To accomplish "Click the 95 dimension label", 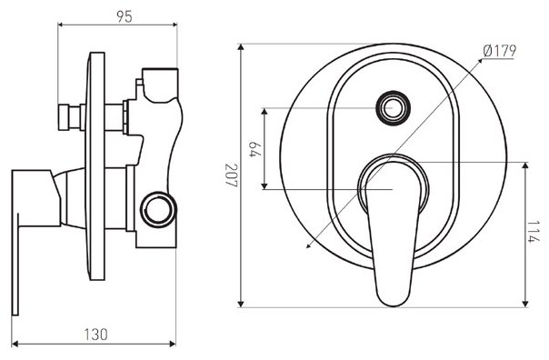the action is pos(125,16).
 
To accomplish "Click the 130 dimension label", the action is pos(95,334).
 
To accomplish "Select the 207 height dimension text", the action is pos(231,175).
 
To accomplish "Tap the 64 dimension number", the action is pos(255,149).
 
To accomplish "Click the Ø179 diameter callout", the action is pos(500,51).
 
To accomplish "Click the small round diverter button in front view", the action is pos(392,107).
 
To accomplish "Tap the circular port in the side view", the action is pos(158,209).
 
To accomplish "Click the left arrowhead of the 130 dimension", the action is pos(15,344).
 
